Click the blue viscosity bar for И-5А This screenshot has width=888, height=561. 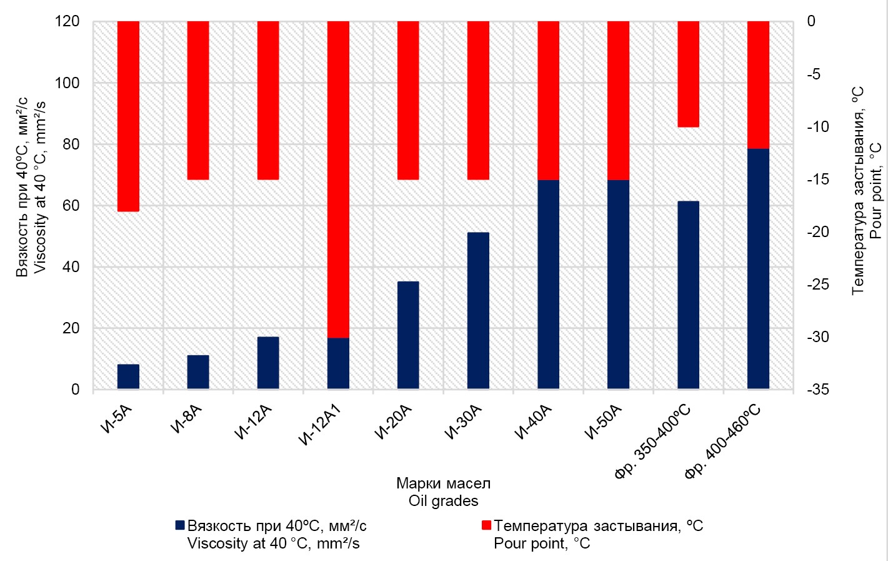point(128,377)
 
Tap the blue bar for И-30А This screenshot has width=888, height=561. point(478,310)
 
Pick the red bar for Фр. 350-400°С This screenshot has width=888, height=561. point(688,74)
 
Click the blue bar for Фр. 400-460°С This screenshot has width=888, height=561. point(758,269)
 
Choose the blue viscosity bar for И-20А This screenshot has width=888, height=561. point(408,335)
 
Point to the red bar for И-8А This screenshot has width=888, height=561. point(198,100)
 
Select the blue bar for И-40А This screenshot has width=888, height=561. point(548,285)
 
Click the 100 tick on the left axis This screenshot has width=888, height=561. point(71,83)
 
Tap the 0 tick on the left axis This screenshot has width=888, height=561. point(76,390)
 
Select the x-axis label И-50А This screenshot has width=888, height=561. point(604,423)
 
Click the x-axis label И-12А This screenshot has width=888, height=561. point(254,423)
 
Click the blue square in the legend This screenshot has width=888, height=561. point(181,525)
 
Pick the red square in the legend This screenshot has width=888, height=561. point(487,525)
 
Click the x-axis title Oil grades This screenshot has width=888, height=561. point(443,501)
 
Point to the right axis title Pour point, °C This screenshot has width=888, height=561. point(875,191)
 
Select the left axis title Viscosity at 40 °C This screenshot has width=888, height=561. point(39,188)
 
